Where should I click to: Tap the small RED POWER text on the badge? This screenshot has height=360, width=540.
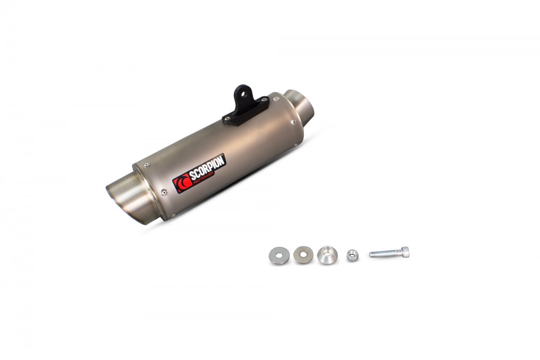207,177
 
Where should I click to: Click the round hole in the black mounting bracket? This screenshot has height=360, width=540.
243,93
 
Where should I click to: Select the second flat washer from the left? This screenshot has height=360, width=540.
303,255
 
